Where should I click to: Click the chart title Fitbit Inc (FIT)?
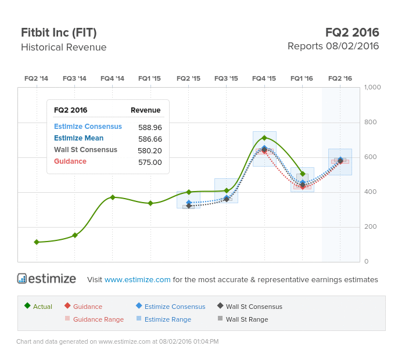tap(59, 33)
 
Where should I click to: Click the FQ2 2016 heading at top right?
tap(352, 33)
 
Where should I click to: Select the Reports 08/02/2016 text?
tap(333, 46)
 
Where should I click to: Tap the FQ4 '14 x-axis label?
tap(112, 78)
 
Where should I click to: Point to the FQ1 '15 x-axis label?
tap(150, 78)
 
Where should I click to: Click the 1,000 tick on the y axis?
tap(372, 87)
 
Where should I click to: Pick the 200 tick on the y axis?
tap(370, 226)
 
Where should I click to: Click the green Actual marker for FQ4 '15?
tap(264, 138)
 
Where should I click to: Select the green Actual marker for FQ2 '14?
tap(37, 242)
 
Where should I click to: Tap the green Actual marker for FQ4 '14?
tap(113, 197)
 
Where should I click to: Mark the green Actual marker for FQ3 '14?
tap(74, 235)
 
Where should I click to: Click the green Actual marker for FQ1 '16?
tap(303, 174)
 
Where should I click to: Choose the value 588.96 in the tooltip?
tap(150, 127)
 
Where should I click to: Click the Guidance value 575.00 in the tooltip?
tap(150, 162)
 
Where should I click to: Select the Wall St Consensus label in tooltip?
tap(85, 150)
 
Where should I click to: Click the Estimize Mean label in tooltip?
tap(78, 138)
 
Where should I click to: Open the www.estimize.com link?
tap(138, 280)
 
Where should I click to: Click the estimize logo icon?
tap(22, 279)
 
